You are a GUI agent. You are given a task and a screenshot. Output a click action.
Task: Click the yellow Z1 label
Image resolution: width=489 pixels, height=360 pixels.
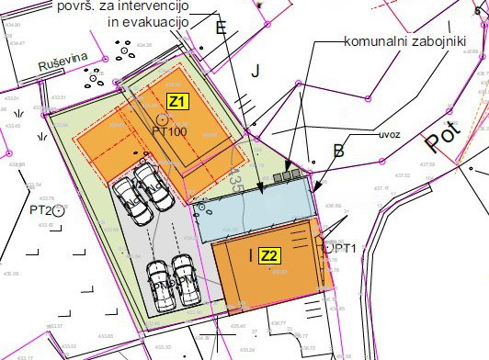point(176,101)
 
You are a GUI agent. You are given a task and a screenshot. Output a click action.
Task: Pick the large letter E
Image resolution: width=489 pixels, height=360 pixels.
point(222,28)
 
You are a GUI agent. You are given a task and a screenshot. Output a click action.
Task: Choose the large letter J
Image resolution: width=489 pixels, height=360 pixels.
point(256,71)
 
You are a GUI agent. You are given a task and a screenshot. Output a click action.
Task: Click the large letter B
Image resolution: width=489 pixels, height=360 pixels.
point(338,152)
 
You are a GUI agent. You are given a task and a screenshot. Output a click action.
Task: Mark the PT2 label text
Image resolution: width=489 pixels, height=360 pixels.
point(38,209)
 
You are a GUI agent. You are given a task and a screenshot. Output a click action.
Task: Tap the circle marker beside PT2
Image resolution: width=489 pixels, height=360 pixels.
point(58,210)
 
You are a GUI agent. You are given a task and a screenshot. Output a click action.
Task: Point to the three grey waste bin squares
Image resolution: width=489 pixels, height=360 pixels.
point(290,172)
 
